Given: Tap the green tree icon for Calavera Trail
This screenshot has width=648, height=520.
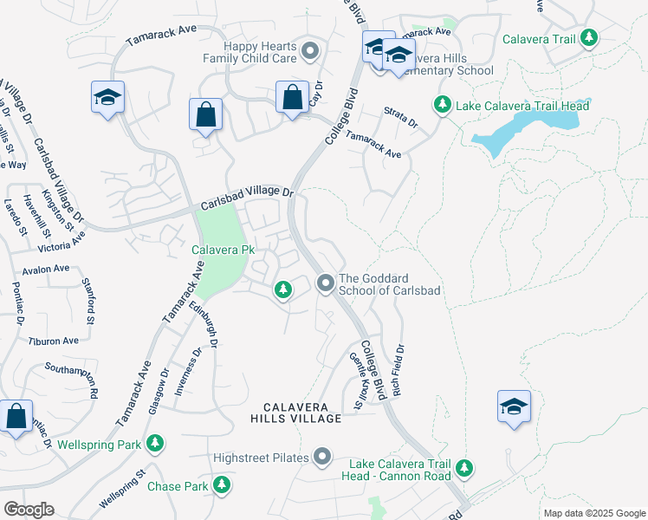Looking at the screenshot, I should tap(589, 37).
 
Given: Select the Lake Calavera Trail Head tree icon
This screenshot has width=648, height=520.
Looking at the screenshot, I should tap(442, 105).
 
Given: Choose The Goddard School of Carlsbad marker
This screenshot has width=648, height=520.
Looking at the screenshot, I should tap(326, 283).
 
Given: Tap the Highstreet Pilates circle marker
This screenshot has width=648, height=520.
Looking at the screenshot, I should tap(323, 457).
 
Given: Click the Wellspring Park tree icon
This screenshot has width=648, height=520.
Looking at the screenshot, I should tap(155, 445).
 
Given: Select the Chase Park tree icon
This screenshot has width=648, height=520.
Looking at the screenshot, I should tap(223, 485).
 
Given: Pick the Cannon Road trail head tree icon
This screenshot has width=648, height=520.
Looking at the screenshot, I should tap(465, 468).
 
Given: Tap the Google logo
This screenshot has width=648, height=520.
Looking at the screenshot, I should tap(29, 509).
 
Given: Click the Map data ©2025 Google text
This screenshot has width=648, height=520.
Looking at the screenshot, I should tap(594, 513).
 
